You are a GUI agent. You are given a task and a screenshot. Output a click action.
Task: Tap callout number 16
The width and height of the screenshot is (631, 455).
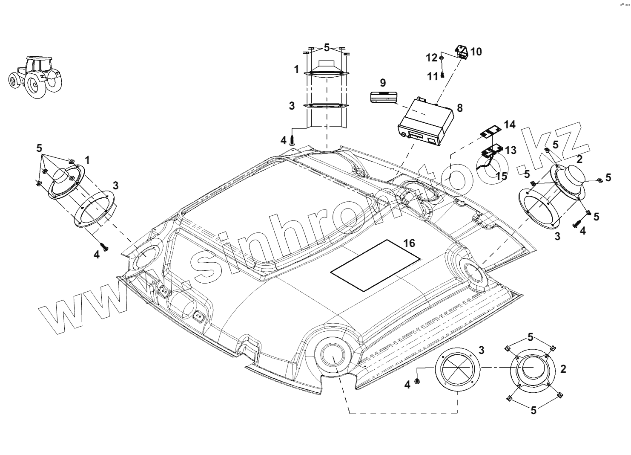point(409,243)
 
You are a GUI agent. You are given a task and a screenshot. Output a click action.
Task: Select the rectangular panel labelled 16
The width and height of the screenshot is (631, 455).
point(375,265)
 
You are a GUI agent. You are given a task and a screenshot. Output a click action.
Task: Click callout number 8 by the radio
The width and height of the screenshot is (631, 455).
point(459,108)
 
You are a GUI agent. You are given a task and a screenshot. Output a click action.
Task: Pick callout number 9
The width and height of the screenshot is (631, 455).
point(383,82)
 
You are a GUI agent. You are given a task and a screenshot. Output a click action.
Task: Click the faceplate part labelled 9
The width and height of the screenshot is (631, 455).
point(383,97)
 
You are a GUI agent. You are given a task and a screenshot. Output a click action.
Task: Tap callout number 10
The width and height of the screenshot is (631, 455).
point(476,52)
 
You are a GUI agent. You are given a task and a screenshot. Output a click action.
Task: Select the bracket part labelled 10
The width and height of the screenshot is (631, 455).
point(462,52)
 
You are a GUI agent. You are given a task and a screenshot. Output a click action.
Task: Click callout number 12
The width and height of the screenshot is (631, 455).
point(432,58)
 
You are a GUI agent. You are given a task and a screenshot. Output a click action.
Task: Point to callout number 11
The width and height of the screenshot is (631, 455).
point(433,76)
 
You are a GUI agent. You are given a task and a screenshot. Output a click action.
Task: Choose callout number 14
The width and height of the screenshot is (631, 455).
point(509,125)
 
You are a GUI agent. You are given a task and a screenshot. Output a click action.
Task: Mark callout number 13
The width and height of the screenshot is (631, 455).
point(510,150)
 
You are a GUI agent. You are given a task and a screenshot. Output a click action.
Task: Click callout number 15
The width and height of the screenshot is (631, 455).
point(502,175)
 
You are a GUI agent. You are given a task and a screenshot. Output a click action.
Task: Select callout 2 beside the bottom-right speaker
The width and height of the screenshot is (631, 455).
point(563,369)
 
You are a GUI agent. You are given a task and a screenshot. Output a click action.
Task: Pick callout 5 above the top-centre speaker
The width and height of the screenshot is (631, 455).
point(327,47)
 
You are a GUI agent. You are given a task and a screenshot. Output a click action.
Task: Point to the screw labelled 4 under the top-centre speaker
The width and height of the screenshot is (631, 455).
point(292,140)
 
